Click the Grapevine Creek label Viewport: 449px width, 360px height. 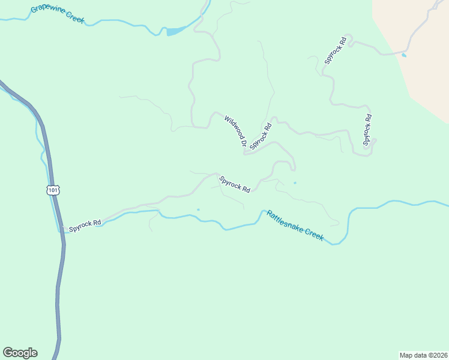click(58, 15)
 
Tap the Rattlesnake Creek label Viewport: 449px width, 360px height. click(295, 226)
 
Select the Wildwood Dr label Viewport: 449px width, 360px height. click(235, 131)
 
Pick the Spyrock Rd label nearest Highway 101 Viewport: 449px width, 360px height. click(85, 225)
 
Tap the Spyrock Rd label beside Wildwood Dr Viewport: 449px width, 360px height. click(261, 136)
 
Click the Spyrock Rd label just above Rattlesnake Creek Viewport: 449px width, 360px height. click(235, 184)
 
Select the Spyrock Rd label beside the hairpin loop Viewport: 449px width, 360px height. click(367, 130)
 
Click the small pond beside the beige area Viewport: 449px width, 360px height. click(403, 55)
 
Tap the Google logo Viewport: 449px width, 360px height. click(20, 353)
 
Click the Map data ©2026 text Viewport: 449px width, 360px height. click(423, 355)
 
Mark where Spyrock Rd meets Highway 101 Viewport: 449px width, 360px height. click(62, 229)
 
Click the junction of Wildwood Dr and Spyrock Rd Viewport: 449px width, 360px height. click(245, 154)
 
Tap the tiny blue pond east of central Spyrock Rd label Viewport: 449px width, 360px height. click(295, 183)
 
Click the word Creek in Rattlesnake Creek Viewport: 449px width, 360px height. click(312, 233)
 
